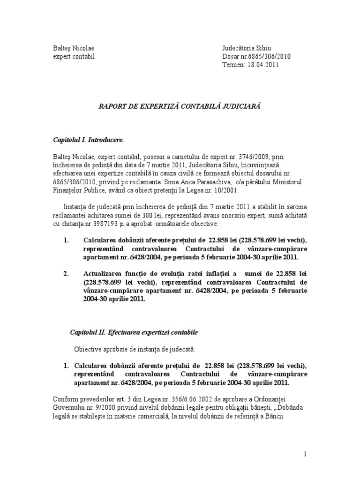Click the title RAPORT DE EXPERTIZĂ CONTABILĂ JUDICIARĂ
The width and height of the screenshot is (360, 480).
(x=179, y=107)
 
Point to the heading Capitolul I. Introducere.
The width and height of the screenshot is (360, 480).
(x=89, y=140)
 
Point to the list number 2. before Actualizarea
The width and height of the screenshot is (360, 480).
(x=66, y=273)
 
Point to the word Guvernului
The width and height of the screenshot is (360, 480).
(x=68, y=408)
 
